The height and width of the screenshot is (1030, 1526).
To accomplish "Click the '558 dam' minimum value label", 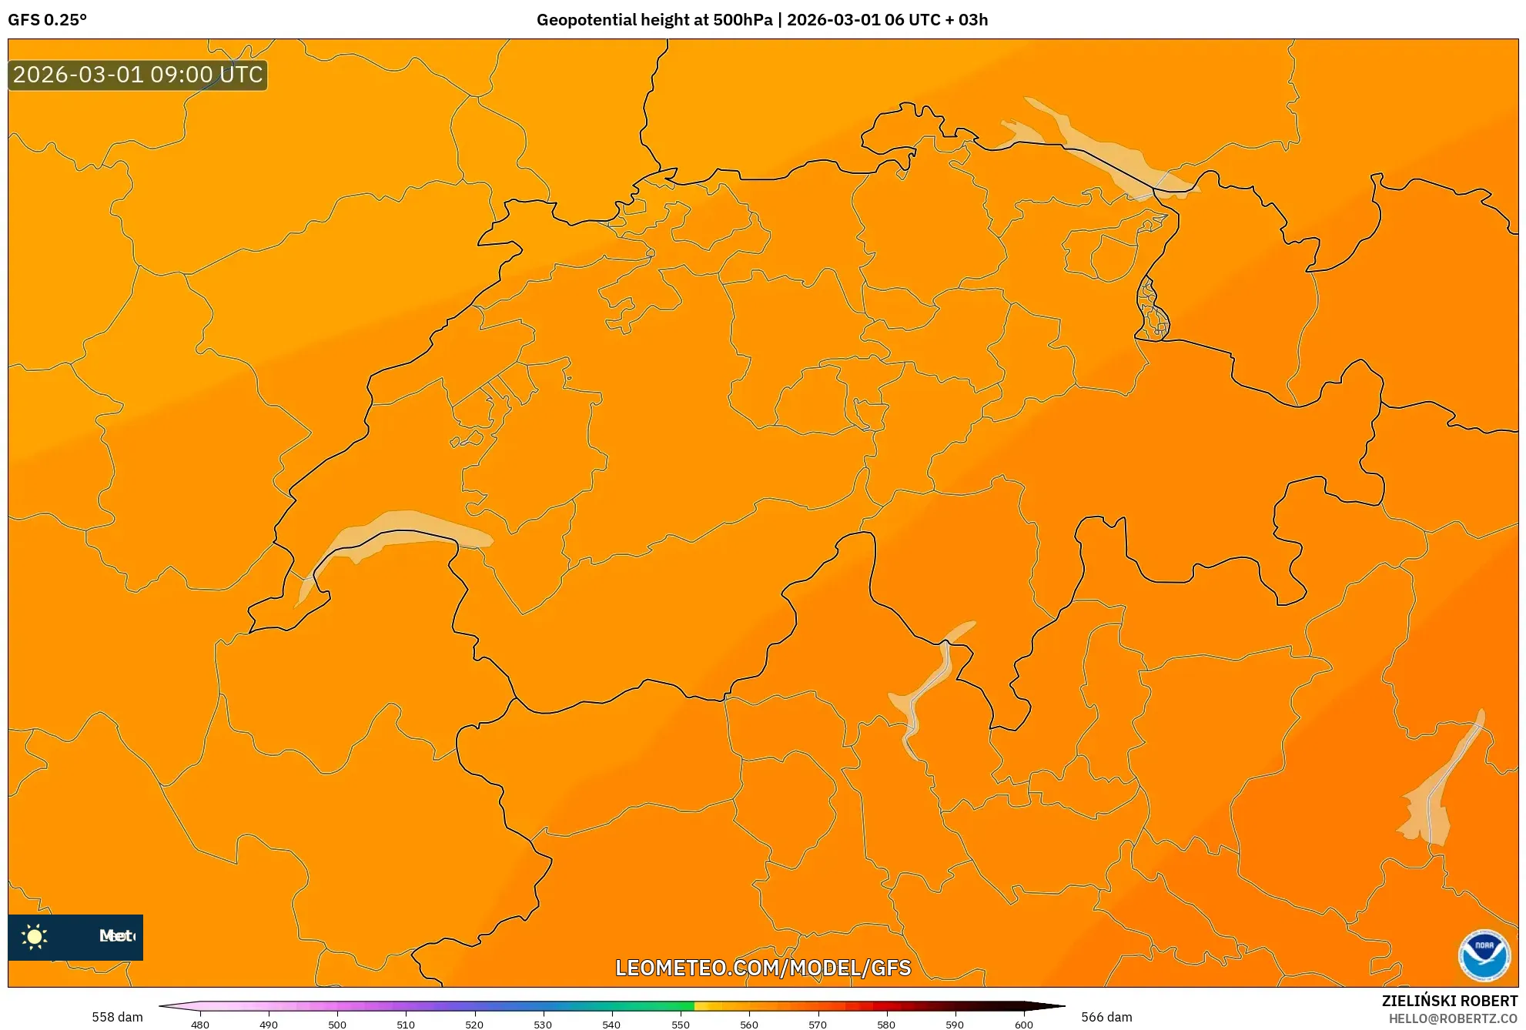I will pos(117,1017).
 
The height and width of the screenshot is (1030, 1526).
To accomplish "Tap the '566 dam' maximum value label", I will pos(1106,1017).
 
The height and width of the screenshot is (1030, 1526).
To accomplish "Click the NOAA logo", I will pos(1484,955).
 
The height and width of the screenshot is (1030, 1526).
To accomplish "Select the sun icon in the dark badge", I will pos(35,936).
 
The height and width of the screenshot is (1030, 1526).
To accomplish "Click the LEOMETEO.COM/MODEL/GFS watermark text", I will pos(762,968).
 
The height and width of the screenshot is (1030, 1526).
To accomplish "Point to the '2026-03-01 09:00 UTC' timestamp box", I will pos(138,75).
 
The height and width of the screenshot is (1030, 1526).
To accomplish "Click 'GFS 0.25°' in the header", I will pos(48,20).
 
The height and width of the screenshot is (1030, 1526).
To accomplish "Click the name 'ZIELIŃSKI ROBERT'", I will pos(1449,1001).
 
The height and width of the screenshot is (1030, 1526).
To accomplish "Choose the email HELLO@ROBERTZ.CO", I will pos(1453,1018).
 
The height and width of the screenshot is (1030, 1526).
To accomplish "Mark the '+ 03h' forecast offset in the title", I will pos(963,20).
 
